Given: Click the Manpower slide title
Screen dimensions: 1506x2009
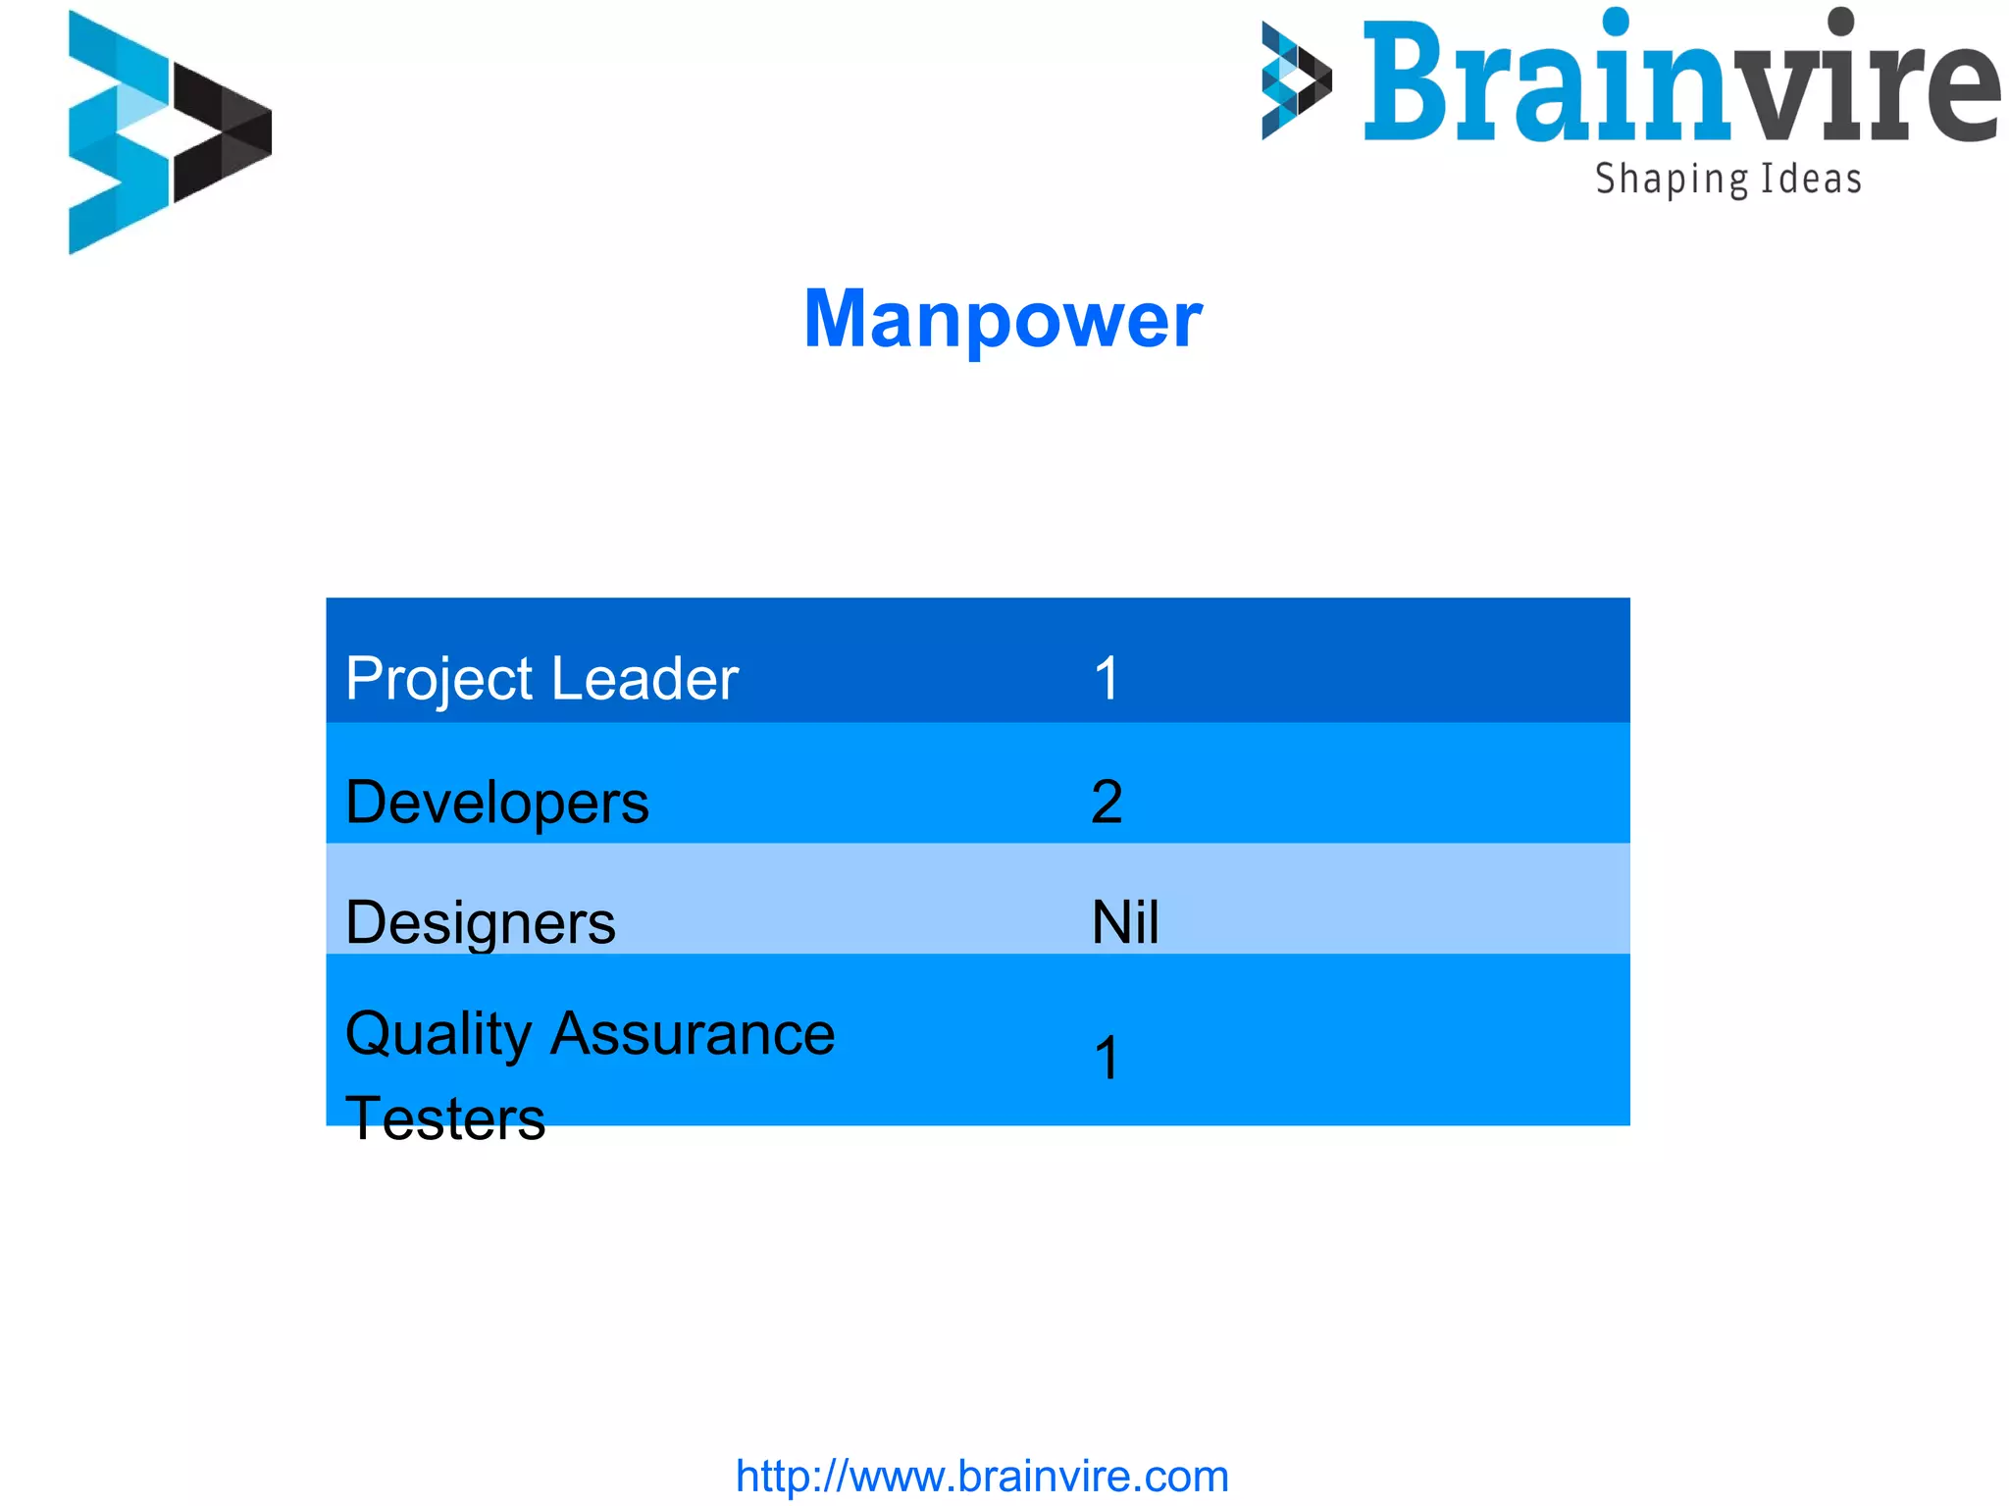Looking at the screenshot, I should point(1003,320).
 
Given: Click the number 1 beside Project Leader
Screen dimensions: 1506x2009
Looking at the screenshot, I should point(1107,679).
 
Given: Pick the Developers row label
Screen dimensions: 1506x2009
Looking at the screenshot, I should point(497,803).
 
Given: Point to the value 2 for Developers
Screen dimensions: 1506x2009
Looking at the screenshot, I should point(1107,803).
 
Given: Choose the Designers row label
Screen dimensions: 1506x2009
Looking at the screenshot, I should point(481,922).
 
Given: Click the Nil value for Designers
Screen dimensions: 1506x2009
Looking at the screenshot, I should point(1125,922).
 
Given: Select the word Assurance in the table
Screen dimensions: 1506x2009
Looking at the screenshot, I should point(693,1034).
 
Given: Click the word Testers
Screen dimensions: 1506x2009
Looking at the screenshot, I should point(445,1118).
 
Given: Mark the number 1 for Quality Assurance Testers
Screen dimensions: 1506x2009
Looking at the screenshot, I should point(1107,1059).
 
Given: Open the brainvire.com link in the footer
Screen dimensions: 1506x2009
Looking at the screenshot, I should point(982,1476).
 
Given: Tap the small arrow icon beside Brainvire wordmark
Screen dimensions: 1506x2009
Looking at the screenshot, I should point(1296,80).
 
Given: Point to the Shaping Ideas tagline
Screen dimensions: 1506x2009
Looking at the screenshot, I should point(1727,180).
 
